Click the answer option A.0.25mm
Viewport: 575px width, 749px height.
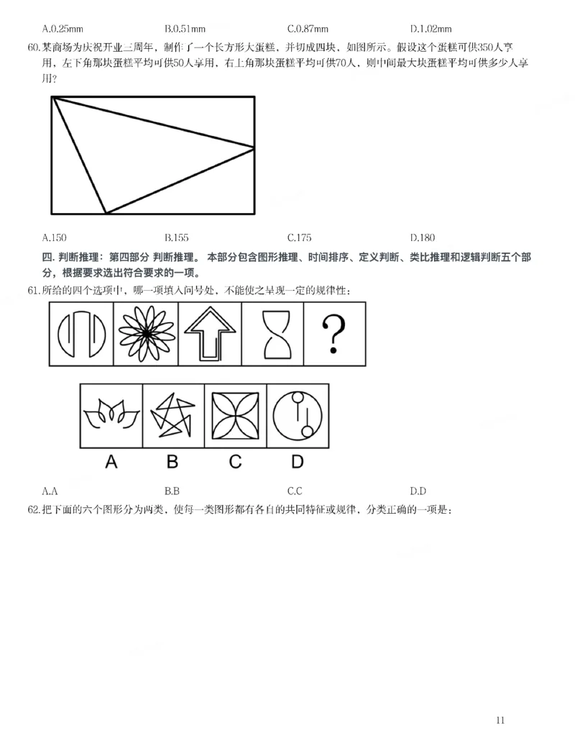point(63,29)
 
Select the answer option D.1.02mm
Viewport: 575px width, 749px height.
point(431,29)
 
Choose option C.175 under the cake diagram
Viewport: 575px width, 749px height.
point(299,237)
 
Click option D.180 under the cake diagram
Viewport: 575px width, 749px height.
point(423,237)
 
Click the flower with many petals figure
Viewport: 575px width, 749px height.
point(146,334)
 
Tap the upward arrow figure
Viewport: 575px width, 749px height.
point(210,334)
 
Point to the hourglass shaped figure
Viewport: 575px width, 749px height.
point(273,334)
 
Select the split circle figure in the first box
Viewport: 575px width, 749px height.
point(81,334)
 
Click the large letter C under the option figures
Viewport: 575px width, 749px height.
point(235,462)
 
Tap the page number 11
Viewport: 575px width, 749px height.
point(501,720)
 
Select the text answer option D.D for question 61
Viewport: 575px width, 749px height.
point(418,491)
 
